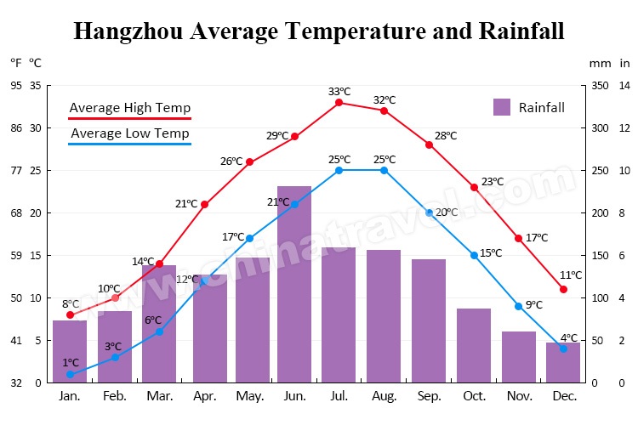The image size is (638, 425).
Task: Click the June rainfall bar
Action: (294, 284)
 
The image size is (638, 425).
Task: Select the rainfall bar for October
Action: (474, 345)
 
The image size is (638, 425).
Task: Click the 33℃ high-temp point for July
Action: (339, 103)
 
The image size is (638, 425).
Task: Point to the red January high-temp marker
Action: (70, 315)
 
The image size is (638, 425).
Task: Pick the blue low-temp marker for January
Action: (70, 374)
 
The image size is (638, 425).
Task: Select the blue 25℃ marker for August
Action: (385, 170)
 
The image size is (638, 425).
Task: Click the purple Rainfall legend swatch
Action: (502, 107)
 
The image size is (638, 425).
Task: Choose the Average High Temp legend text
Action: (129, 108)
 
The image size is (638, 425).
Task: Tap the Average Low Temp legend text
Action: (129, 133)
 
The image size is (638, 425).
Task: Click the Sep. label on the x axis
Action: (429, 396)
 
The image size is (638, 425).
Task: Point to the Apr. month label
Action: (204, 396)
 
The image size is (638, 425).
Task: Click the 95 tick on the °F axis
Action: (16, 85)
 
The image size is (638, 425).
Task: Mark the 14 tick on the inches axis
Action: (624, 85)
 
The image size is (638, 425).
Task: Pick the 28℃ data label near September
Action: (446, 136)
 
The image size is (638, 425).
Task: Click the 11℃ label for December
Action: (571, 275)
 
